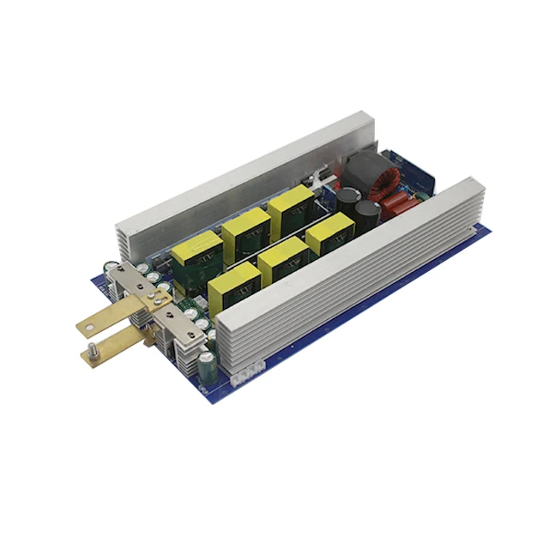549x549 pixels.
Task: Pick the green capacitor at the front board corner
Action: click(207, 365)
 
